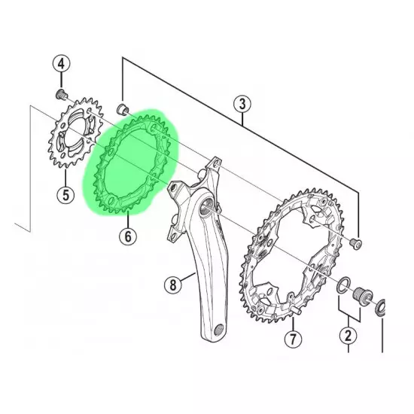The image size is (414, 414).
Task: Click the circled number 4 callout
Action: click(61, 64)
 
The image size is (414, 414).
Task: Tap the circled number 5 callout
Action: click(65, 195)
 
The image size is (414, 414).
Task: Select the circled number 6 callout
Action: click(128, 236)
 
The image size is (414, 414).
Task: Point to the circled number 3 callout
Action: click(242, 104)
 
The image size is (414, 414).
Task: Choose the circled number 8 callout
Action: click(172, 285)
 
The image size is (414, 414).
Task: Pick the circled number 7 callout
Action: click(293, 339)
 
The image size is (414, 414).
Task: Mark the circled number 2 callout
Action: click(349, 336)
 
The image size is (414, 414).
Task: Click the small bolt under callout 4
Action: click(62, 94)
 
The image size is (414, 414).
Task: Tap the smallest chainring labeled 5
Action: click(75, 132)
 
